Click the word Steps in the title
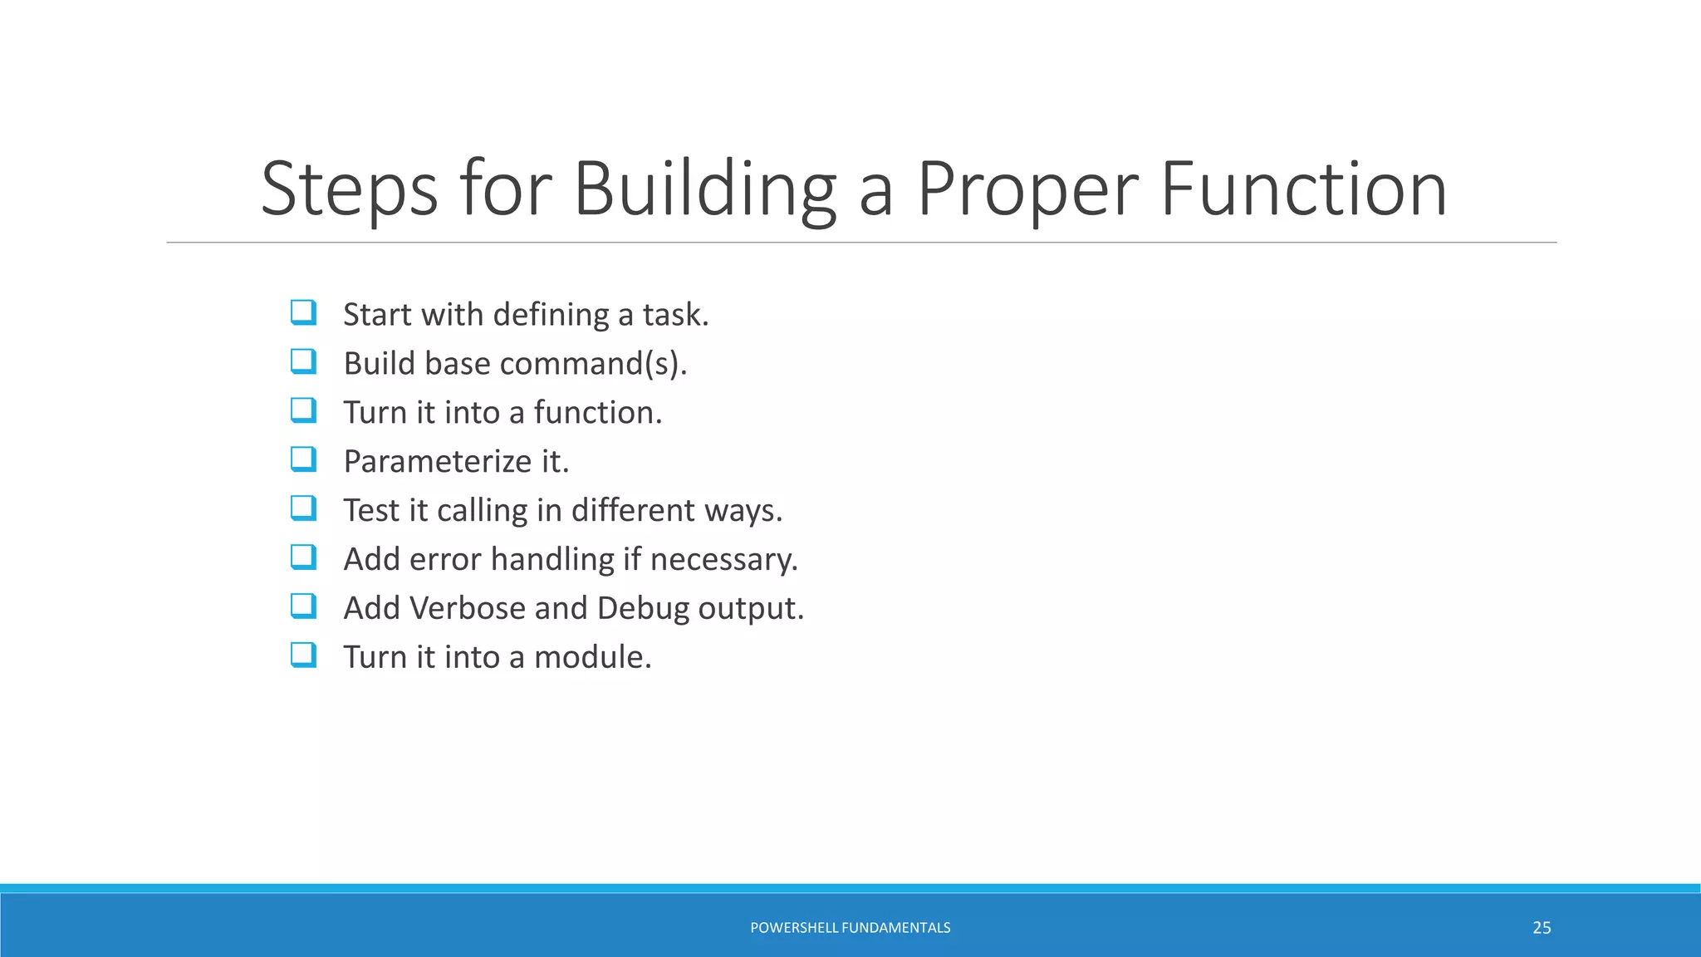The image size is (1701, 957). pos(349,191)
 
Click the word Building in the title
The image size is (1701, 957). pos(704,191)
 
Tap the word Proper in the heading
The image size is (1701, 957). pos(1028,191)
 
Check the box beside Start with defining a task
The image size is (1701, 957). pos(303,313)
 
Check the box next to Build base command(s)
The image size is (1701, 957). pos(303,362)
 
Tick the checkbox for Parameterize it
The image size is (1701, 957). pos(303,459)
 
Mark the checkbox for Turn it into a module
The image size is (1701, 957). pos(303,655)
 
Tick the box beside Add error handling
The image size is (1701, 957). pos(303,557)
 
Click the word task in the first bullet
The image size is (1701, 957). pos(675,315)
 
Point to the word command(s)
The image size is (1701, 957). pos(593,364)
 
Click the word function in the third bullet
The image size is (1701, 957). pos(597,413)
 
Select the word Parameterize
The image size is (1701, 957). pos(437,462)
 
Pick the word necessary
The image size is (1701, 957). pos(723,560)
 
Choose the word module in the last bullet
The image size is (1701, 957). pos(592,657)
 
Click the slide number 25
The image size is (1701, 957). pos(1542,928)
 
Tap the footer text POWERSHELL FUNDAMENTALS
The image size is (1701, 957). pos(850,928)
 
